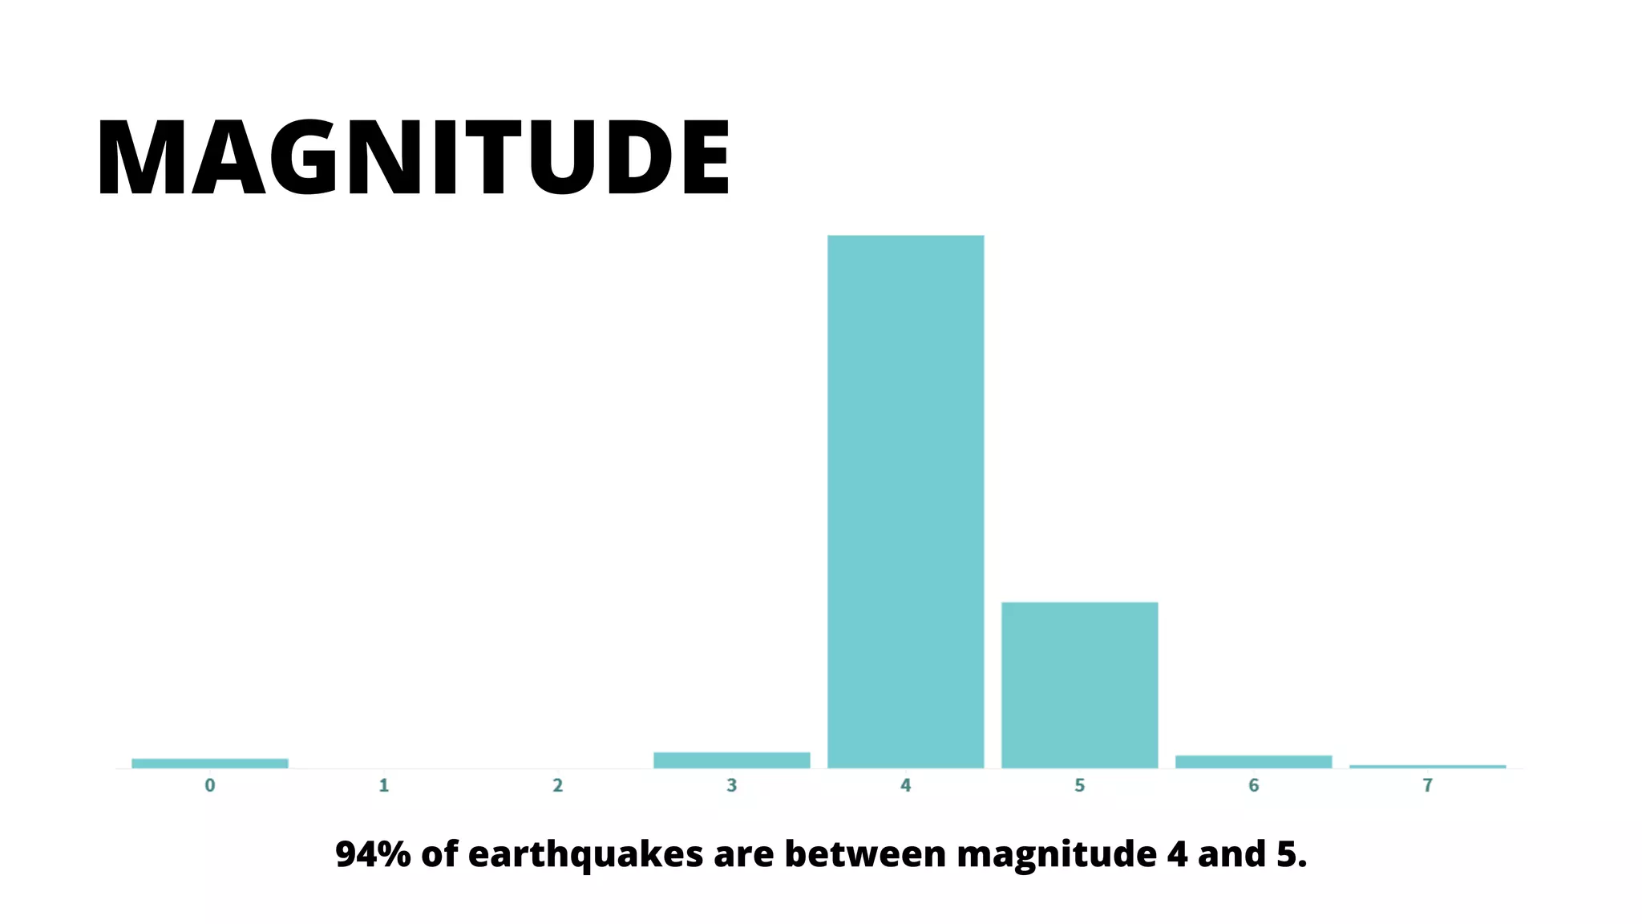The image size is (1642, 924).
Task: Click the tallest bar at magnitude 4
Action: pos(905,501)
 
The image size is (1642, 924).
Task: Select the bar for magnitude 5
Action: pos(1079,685)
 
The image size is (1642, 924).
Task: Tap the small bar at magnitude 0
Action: pos(209,763)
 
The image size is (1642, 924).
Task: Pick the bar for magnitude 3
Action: pos(731,760)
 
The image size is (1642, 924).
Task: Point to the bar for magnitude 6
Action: pos(1253,761)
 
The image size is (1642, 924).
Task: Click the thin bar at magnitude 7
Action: pos(1427,767)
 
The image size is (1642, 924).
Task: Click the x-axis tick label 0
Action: pos(210,786)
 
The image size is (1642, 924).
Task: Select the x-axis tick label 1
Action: pos(384,786)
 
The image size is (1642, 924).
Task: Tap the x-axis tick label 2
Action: pos(558,786)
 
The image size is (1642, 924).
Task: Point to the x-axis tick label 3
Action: pos(731,786)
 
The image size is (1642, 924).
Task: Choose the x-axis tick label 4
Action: pos(905,786)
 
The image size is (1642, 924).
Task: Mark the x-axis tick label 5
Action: pos(1080,786)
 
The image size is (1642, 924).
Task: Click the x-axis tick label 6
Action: pos(1254,786)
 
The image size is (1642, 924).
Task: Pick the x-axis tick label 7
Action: pos(1427,786)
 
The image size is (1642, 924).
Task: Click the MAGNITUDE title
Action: pos(413,156)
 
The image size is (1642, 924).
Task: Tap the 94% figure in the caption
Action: pos(373,854)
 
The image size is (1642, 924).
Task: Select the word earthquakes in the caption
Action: pos(585,855)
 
